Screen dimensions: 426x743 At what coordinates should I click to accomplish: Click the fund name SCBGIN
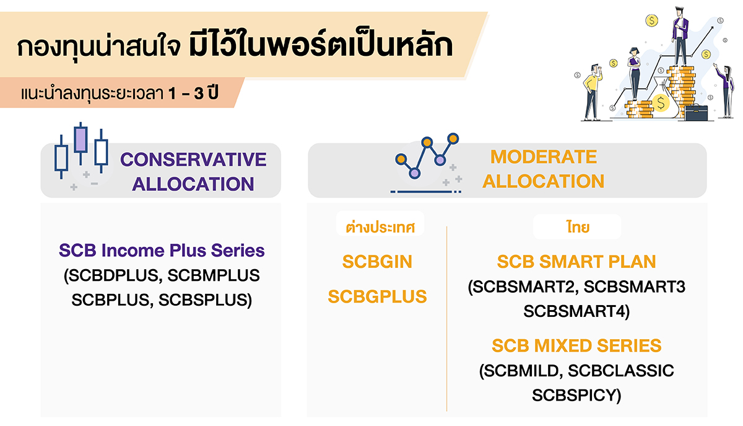click(x=377, y=262)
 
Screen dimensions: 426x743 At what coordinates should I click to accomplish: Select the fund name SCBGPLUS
click(x=377, y=296)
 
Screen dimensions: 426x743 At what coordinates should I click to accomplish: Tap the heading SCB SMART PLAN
click(x=576, y=262)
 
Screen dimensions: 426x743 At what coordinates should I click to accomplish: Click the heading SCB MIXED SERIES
click(x=576, y=345)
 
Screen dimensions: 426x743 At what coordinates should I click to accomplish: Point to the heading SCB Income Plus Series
click(x=162, y=251)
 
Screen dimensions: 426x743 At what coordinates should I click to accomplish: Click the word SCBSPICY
click(x=576, y=394)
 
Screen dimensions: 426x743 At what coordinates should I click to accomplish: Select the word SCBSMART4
click(x=576, y=311)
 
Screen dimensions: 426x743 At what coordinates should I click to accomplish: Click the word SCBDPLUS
click(x=112, y=275)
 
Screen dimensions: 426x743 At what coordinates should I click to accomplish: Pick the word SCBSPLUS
click(x=205, y=300)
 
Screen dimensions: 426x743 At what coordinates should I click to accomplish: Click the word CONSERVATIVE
click(x=193, y=159)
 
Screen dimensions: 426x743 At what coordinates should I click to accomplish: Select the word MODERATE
click(x=543, y=157)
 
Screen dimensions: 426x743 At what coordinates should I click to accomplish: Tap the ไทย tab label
click(x=576, y=228)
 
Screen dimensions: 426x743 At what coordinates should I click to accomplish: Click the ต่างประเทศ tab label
click(x=380, y=228)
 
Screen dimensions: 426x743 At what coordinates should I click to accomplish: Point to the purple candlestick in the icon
click(x=80, y=139)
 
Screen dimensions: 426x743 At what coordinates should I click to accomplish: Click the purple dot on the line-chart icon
click(x=440, y=160)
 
